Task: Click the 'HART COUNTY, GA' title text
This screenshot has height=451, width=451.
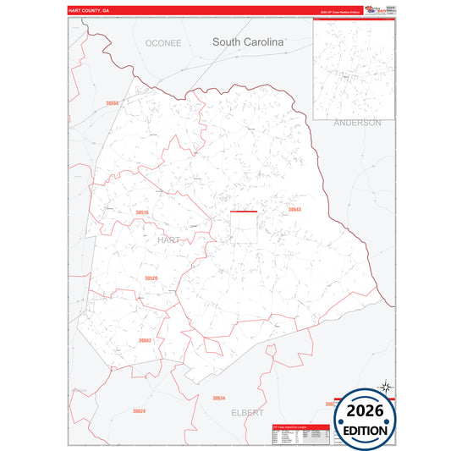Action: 89,11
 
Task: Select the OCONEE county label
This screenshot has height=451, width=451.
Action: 163,42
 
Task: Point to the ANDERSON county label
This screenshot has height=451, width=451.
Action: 357,123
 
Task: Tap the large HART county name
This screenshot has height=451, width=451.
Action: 168,240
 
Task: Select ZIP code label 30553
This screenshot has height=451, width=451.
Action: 113,103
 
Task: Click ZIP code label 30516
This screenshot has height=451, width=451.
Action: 142,212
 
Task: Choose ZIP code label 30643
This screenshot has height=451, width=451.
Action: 294,209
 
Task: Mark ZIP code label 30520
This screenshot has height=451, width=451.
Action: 151,278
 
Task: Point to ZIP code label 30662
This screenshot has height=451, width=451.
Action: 145,340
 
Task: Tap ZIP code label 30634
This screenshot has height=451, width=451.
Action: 219,398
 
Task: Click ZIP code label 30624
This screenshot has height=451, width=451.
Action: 139,411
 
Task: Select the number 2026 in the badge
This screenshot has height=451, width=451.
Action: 365,410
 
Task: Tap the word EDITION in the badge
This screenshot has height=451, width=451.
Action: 365,430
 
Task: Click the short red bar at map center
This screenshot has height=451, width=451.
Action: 244,212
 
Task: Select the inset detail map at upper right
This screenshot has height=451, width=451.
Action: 354,69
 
